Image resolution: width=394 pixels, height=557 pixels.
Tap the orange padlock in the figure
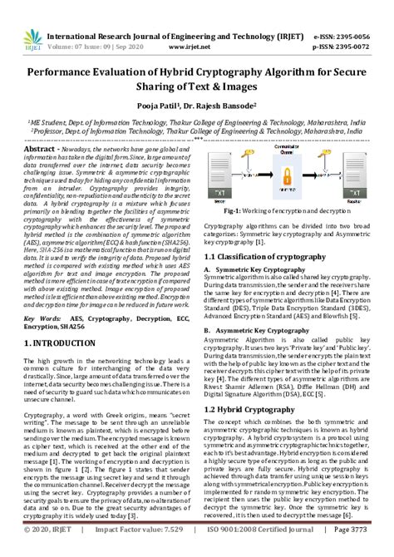(x=287, y=173)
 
